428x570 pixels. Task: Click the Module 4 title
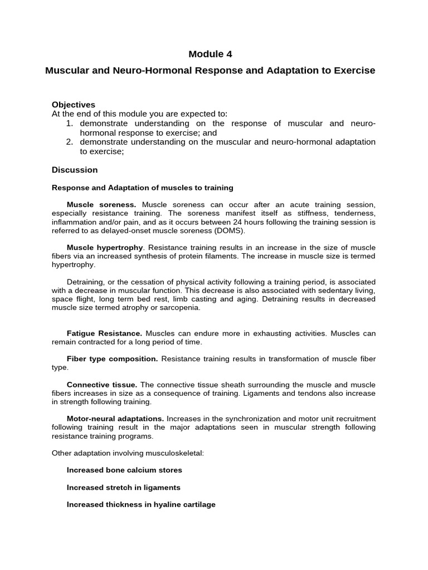point(210,54)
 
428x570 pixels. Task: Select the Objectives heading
point(74,105)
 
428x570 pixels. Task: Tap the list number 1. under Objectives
point(70,123)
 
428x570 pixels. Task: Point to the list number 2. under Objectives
point(70,142)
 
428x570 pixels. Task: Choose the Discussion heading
point(75,170)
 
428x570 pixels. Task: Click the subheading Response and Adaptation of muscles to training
point(143,188)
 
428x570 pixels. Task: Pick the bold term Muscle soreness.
point(101,205)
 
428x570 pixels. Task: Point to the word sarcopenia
point(181,307)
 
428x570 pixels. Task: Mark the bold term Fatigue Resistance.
point(104,333)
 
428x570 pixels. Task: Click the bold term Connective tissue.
point(102,385)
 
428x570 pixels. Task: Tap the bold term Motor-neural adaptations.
point(115,418)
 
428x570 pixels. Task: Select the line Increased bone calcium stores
point(124,470)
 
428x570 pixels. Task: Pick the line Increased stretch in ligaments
point(124,487)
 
